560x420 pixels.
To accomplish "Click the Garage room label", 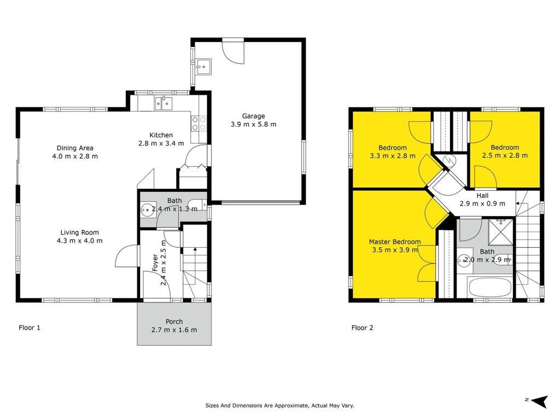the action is tap(254, 116).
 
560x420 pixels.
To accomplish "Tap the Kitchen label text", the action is tap(161, 135).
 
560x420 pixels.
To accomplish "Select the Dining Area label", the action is tap(75, 148).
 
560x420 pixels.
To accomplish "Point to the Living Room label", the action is tap(79, 232).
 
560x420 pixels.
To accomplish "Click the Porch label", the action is tap(174, 322).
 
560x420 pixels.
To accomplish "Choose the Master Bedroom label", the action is tap(395, 242).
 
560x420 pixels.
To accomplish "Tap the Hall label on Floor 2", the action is tap(482, 196).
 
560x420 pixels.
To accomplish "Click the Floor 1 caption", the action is tap(30, 328).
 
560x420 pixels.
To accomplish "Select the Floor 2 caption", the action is tap(362, 328).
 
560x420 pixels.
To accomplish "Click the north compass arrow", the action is tap(540, 401).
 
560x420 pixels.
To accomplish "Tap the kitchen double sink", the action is tap(164, 103).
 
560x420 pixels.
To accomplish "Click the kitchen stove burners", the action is tap(199, 124).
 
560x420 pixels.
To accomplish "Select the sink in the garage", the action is tap(203, 66).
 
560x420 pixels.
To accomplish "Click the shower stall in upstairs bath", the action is tap(500, 232).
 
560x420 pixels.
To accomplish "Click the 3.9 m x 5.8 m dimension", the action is tap(254, 125).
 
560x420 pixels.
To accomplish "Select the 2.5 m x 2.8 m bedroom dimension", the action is tap(505, 156).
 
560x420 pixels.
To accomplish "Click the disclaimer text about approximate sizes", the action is tap(279, 405).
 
